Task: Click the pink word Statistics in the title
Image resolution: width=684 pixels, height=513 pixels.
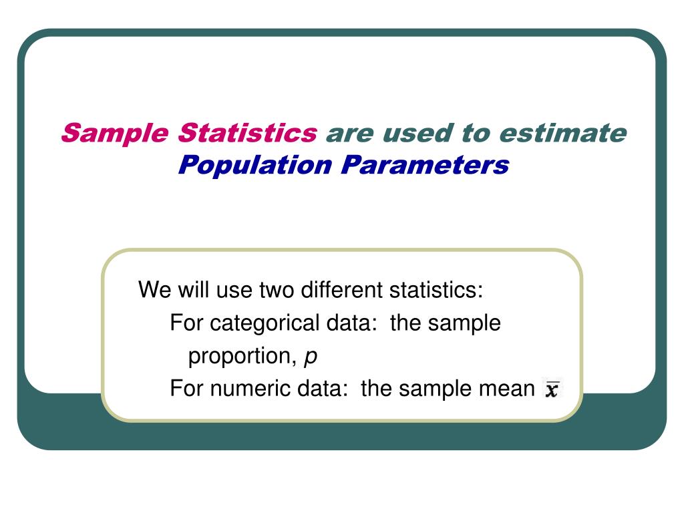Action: [248, 134]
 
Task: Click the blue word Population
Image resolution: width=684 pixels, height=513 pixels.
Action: [255, 164]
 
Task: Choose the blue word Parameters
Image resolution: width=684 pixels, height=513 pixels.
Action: [424, 164]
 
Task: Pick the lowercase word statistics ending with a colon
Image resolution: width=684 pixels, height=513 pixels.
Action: [436, 291]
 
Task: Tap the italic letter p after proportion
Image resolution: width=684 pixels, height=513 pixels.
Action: [311, 358]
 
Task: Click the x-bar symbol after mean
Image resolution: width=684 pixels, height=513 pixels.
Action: [552, 388]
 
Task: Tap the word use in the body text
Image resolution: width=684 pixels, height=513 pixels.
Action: [234, 291]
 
